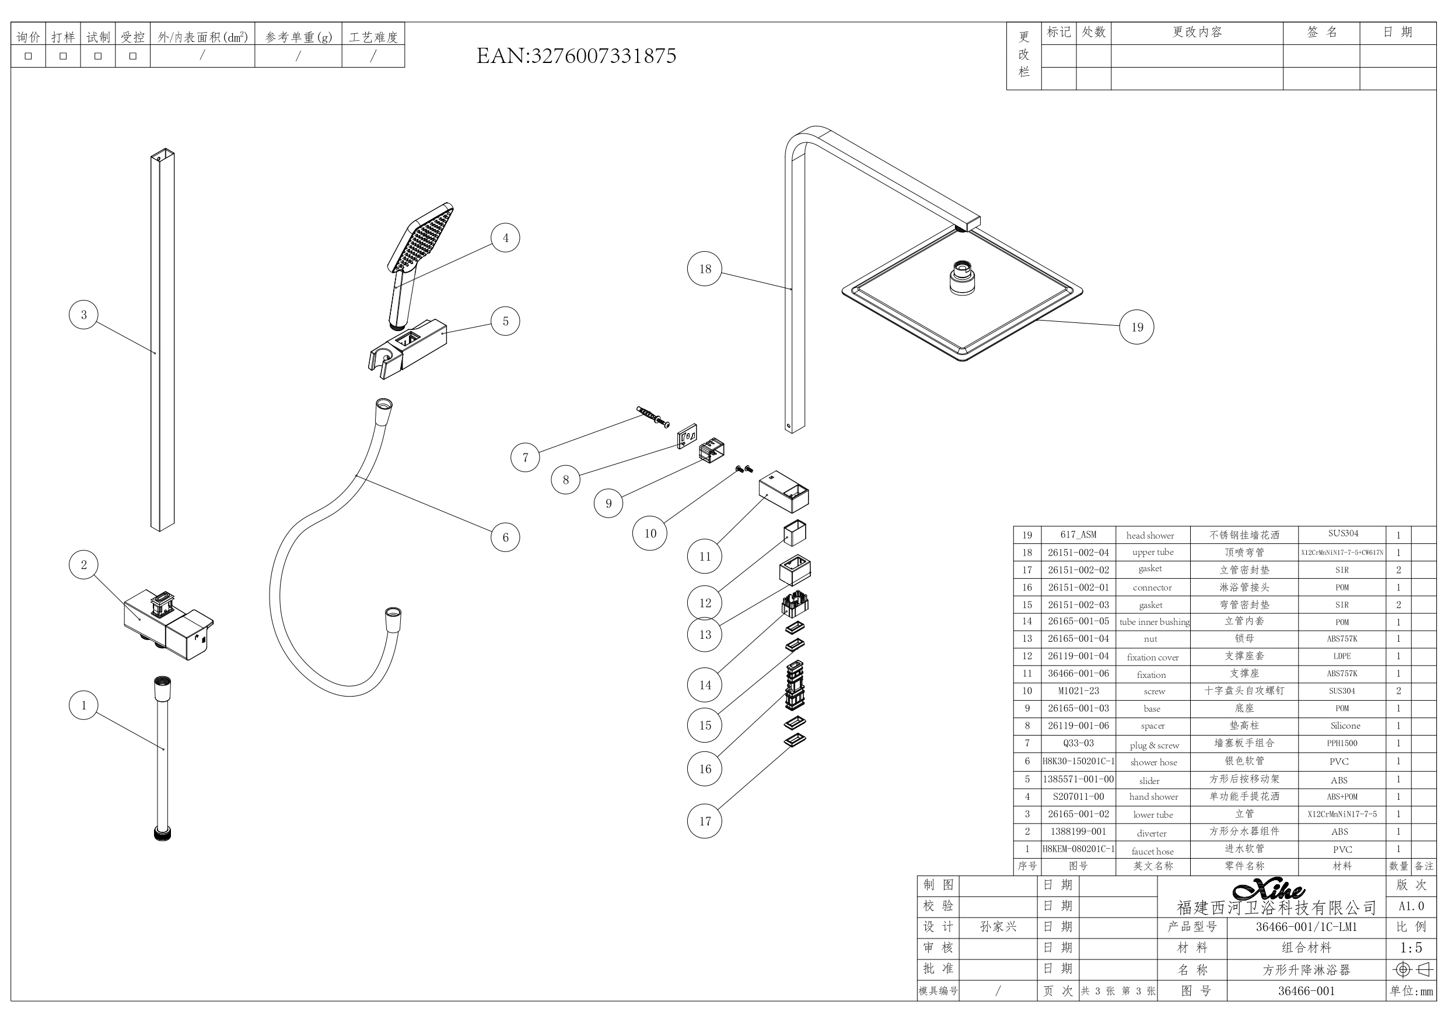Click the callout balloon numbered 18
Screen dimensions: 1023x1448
coord(704,269)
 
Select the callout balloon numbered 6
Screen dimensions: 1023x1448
coord(505,537)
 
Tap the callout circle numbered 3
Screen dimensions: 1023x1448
coord(84,315)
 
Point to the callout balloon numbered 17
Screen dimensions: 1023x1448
coord(704,821)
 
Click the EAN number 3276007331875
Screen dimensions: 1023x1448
coord(576,56)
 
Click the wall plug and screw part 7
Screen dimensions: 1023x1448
coord(653,417)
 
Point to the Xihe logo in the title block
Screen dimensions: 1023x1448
coord(1269,890)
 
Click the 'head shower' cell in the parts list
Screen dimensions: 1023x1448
coord(1150,535)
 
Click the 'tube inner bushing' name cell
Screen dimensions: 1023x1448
coord(1154,621)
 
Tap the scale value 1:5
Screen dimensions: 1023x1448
coord(1411,947)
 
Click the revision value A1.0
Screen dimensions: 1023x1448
coord(1411,906)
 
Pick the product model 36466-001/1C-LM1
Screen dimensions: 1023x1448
coord(1306,927)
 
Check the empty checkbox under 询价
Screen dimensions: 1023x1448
coord(29,56)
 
